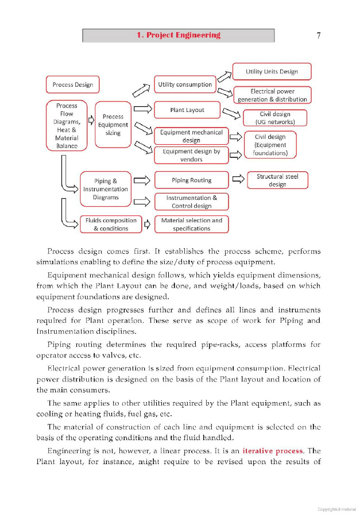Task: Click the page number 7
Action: tap(319, 36)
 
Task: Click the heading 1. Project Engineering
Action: tap(178, 36)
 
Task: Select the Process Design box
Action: tap(72, 85)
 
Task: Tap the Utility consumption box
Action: tap(185, 84)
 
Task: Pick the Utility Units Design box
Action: tap(272, 72)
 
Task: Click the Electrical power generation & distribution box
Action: tap(272, 95)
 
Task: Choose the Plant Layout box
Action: tap(187, 110)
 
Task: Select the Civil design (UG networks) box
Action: tap(275, 118)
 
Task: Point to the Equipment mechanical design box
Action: tap(191, 136)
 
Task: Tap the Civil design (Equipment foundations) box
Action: tap(270, 145)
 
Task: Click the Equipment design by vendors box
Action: tap(191, 155)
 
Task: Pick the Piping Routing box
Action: tap(191, 180)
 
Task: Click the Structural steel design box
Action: tap(277, 180)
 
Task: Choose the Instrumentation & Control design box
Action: tap(191, 202)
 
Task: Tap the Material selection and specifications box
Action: tap(191, 224)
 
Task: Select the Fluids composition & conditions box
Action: tap(111, 224)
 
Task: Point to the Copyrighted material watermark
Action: tap(336, 509)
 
